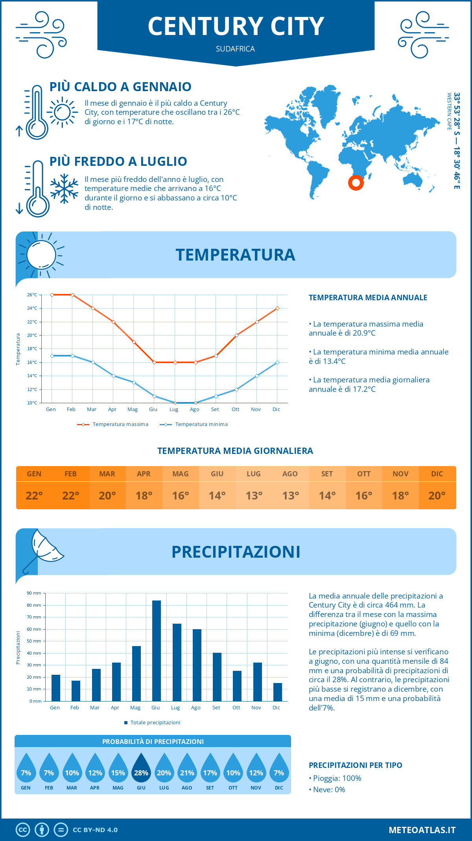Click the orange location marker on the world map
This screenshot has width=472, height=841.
(356, 183)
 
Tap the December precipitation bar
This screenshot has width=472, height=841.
(278, 692)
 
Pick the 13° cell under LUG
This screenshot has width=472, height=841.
(254, 496)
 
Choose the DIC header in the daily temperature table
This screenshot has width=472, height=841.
(437, 474)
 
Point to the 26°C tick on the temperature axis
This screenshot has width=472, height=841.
(32, 295)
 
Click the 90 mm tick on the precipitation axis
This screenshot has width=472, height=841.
(34, 593)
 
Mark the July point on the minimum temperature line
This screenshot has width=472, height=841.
(175, 403)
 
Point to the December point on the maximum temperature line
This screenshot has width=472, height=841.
(277, 308)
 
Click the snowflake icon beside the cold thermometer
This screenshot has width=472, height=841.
(64, 189)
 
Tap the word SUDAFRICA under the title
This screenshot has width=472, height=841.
(235, 49)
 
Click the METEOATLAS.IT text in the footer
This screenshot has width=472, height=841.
(422, 830)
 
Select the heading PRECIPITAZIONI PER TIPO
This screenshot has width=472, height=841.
(356, 765)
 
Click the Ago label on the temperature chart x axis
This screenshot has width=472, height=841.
(195, 409)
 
